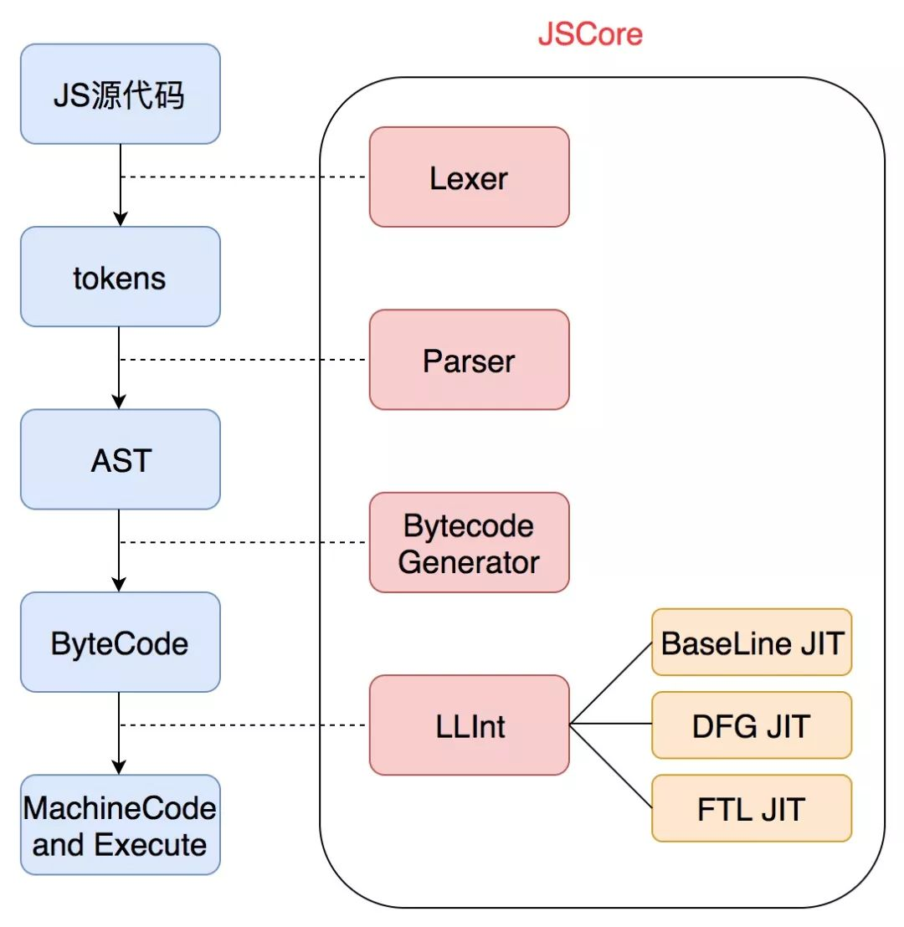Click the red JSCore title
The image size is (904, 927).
[590, 34]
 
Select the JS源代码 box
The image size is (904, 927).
[120, 94]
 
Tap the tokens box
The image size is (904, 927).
[120, 277]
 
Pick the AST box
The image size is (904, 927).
[120, 459]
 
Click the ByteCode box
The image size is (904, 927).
[120, 643]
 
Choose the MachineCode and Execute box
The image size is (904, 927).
[120, 826]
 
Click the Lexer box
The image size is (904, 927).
[469, 177]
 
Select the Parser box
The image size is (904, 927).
[469, 360]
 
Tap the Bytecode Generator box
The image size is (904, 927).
[469, 543]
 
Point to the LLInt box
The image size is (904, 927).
[469, 725]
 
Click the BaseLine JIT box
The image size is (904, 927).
[752, 643]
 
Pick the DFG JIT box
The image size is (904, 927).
[752, 725]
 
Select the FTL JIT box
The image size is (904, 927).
[752, 809]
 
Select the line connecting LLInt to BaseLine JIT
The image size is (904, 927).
[611, 684]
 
